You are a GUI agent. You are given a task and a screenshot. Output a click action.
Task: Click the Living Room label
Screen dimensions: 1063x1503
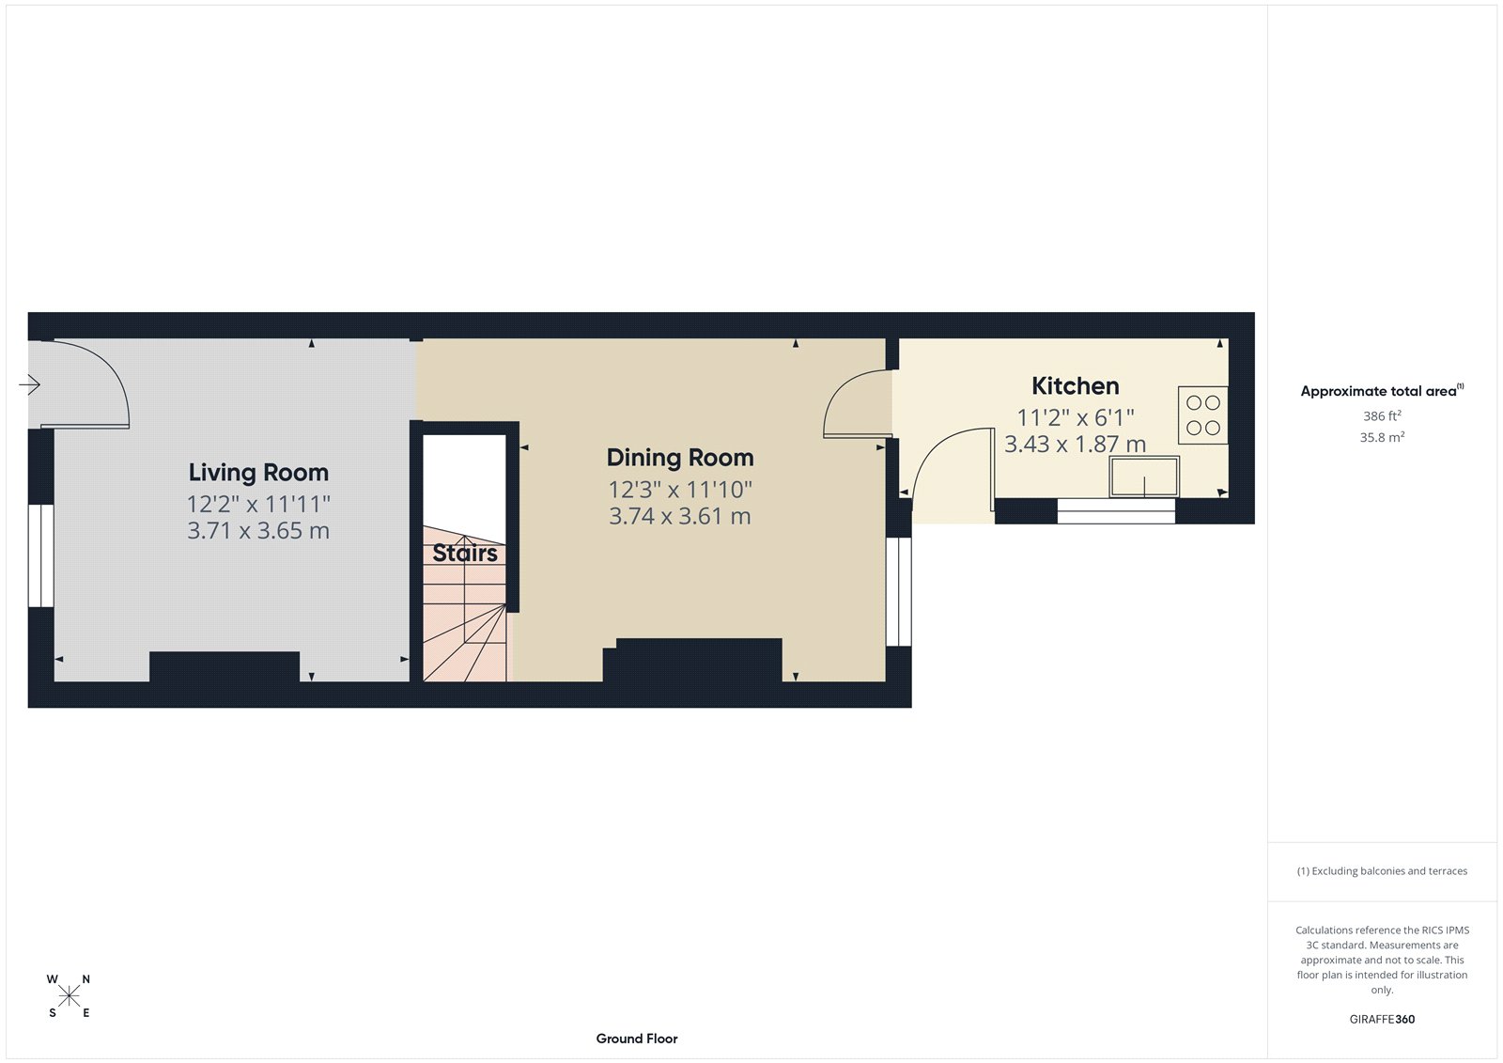tap(258, 472)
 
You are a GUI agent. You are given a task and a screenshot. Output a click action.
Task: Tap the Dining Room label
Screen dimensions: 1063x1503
tap(680, 458)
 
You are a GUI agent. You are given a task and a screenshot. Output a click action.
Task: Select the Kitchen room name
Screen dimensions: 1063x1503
tap(1075, 385)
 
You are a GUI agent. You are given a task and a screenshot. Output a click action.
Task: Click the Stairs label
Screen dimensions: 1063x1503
tap(465, 553)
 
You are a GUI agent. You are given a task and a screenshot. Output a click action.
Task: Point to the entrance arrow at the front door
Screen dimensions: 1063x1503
tap(29, 384)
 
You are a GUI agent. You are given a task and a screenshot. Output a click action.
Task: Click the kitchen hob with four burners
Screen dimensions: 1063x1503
tap(1202, 414)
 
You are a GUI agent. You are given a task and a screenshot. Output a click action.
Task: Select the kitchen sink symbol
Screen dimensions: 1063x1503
tap(1144, 477)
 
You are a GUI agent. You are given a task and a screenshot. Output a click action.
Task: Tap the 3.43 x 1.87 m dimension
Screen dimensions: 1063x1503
tap(1075, 444)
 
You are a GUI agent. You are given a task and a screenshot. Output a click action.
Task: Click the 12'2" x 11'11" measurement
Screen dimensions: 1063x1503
tap(258, 504)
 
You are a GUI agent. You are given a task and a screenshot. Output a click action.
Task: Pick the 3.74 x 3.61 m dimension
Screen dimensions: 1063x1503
tap(680, 516)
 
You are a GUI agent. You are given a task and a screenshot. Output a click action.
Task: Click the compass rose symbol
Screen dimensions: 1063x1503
tap(69, 995)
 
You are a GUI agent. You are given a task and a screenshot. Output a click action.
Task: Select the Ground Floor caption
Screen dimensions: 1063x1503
tap(636, 1039)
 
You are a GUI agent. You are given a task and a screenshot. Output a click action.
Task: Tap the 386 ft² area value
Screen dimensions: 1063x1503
tap(1382, 415)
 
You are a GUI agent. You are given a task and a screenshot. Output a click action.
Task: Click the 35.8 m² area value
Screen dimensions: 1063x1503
tap(1382, 437)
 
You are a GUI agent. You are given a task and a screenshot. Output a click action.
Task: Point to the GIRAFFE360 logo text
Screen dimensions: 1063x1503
tap(1382, 1019)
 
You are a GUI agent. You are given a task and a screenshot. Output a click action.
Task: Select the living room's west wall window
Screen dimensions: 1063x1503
tap(40, 555)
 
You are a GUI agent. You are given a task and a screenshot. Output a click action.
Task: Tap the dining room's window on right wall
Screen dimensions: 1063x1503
tap(899, 591)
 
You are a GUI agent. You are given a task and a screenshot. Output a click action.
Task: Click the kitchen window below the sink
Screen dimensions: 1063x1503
tap(1116, 511)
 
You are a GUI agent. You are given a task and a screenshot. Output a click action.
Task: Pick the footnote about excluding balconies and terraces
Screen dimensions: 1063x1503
tap(1382, 871)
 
